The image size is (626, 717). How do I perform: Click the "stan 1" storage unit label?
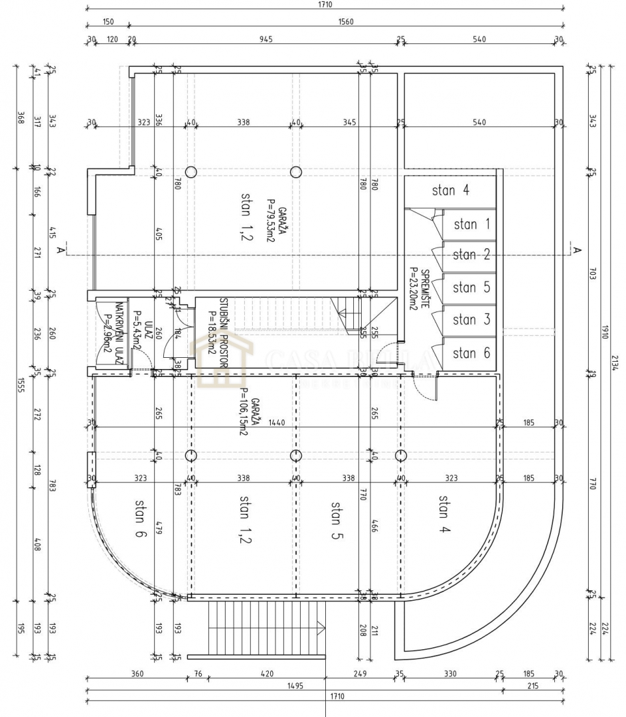471,224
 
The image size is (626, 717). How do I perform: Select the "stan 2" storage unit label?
471,255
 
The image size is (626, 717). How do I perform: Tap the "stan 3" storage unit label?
471,320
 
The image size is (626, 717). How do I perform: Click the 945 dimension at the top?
266,39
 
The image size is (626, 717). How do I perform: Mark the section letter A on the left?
61,250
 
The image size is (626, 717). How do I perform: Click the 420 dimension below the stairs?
266,673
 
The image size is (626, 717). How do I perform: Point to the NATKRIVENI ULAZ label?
119,333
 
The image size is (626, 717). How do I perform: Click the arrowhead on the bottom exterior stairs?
322,626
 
